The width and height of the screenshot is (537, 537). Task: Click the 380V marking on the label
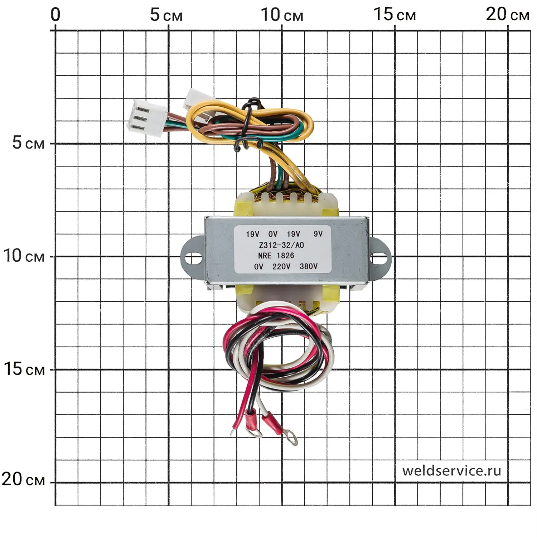pyautogui.click(x=308, y=266)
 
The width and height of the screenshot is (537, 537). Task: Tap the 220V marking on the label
pyautogui.click(x=281, y=267)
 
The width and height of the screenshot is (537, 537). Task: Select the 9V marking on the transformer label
pyautogui.click(x=318, y=234)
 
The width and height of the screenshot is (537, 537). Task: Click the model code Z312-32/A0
pyautogui.click(x=281, y=245)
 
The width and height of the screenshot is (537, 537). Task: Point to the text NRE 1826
pyautogui.click(x=276, y=256)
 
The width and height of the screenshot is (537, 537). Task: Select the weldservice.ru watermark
pyautogui.click(x=451, y=470)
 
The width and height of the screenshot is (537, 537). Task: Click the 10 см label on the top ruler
pyautogui.click(x=282, y=15)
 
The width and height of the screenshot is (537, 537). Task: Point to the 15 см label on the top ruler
pyautogui.click(x=395, y=15)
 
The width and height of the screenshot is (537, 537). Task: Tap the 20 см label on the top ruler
pyautogui.click(x=507, y=15)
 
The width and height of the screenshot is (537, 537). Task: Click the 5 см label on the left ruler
pyautogui.click(x=28, y=143)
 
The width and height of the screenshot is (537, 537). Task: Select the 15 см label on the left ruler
pyautogui.click(x=24, y=369)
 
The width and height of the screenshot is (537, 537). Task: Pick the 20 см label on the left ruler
pyautogui.click(x=23, y=479)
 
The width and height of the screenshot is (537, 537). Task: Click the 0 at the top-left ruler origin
pyautogui.click(x=55, y=15)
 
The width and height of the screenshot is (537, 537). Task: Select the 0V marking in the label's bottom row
pyautogui.click(x=258, y=267)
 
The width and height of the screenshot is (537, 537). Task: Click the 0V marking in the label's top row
pyautogui.click(x=273, y=234)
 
